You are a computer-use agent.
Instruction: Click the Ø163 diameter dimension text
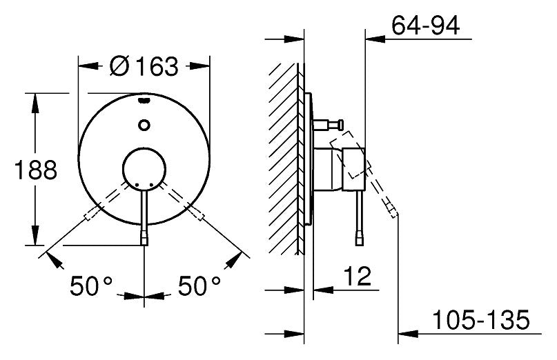[144, 66]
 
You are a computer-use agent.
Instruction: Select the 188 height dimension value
[35, 170]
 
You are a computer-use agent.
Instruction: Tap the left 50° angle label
[91, 286]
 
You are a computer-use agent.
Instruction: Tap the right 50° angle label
[199, 286]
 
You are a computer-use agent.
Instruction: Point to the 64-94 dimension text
[426, 26]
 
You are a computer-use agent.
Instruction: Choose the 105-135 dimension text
[480, 319]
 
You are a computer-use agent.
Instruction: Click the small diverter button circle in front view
[144, 125]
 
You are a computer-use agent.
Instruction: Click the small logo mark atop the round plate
[144, 101]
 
